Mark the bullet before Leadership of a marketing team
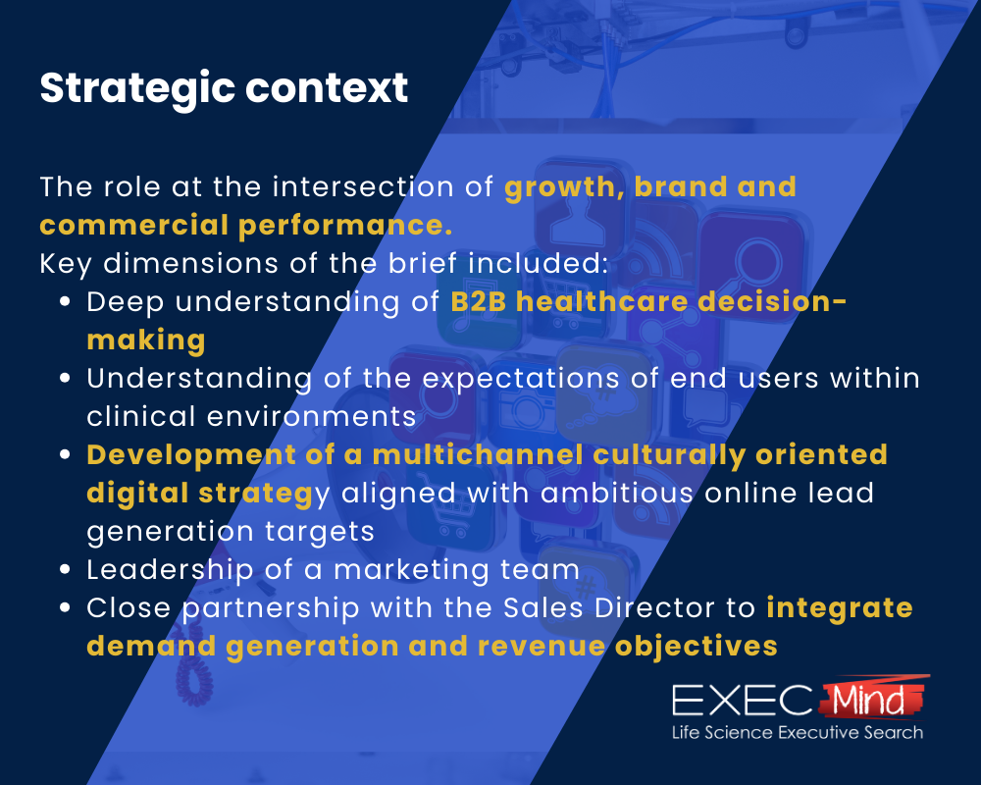(65, 570)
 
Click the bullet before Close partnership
(65, 608)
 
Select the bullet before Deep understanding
(65, 302)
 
